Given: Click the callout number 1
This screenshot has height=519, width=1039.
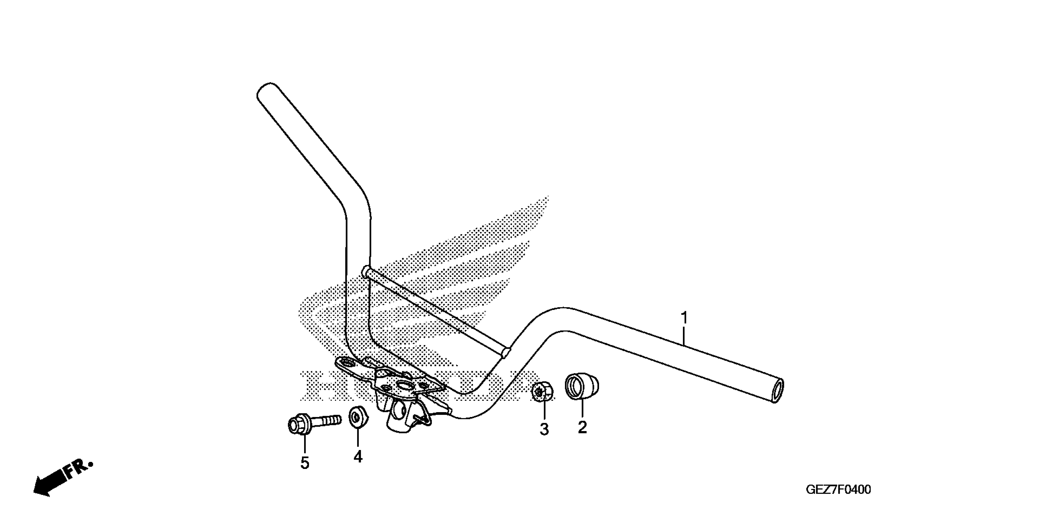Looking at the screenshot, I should click(684, 318).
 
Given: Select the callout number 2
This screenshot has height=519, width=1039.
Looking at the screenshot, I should click(582, 427).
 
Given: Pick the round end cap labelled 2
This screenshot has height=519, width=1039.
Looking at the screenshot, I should click(582, 386).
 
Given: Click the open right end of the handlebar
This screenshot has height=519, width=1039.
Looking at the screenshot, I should click(777, 390).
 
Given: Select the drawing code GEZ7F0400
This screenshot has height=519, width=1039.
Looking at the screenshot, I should click(838, 490).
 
